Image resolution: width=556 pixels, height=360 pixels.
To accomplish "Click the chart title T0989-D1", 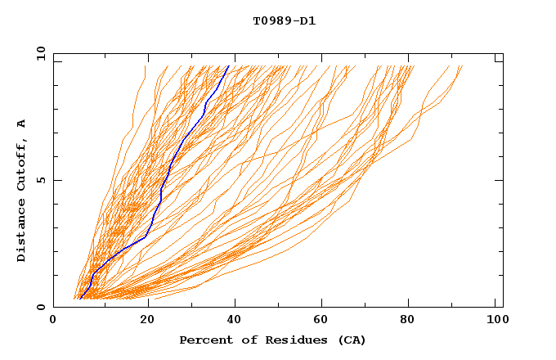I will point(284,21).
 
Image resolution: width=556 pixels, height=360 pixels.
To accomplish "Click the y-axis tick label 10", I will point(40,53).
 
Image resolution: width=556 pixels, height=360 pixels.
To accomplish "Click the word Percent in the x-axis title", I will point(204,340).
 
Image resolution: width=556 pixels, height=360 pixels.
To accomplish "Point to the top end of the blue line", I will point(228,66).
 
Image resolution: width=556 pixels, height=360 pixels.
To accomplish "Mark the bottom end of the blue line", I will point(80,298).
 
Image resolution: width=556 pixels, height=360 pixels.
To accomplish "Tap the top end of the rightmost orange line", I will point(462,66).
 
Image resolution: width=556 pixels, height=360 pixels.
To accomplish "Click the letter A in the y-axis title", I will point(22,124).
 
